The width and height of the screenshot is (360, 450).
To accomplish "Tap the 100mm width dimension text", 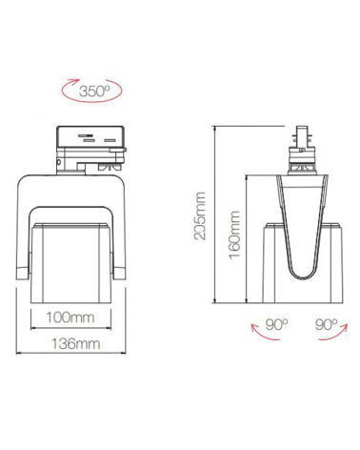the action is click(70, 317).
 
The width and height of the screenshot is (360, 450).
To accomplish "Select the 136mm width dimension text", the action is click(76, 344).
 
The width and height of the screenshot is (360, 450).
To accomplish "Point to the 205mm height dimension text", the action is click(200, 215).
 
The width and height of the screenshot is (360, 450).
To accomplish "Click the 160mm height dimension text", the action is click(234, 235).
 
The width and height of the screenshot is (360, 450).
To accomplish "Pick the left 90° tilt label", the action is click(276, 325).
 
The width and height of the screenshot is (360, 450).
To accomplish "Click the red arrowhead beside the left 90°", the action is click(254, 327).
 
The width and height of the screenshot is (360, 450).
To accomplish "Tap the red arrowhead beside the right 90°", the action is click(345, 327).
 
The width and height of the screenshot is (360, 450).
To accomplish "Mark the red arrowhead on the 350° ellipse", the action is click(75, 80).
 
